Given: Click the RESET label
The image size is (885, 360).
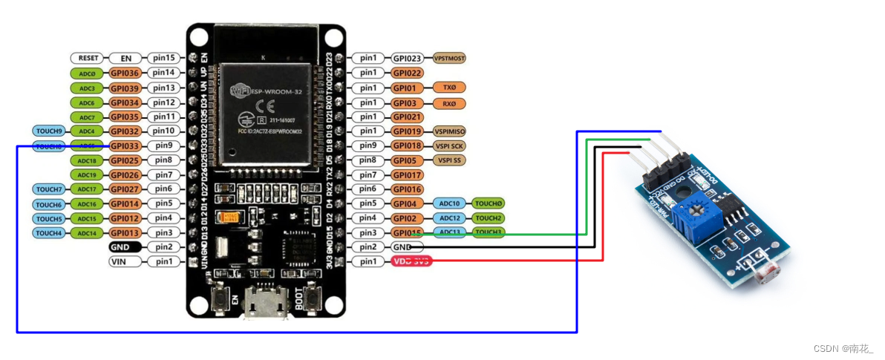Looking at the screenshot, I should (x=89, y=58).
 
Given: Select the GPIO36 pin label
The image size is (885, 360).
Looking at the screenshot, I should (x=125, y=73).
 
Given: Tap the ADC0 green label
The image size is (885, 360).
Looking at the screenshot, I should (x=89, y=73).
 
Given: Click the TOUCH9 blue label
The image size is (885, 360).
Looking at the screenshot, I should (x=50, y=131).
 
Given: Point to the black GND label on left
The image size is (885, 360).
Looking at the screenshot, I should (x=124, y=247).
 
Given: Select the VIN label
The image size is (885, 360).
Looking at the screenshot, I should (x=124, y=261).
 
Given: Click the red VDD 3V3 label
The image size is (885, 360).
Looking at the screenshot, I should (x=411, y=261).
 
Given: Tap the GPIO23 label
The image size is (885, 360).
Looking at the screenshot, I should (x=408, y=58).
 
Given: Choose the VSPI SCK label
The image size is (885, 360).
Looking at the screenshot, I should (x=450, y=145).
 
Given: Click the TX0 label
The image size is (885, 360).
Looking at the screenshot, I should (x=449, y=88).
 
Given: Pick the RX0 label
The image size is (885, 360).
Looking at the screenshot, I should (x=449, y=102).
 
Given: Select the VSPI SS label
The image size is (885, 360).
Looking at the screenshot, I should (x=449, y=160).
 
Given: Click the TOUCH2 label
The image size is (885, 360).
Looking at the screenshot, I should (x=489, y=218).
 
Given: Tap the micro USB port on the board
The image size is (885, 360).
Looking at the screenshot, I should (x=266, y=304).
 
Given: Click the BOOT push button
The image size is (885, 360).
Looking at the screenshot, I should (x=313, y=300).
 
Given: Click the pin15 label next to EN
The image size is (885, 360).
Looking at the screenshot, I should (x=163, y=58).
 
